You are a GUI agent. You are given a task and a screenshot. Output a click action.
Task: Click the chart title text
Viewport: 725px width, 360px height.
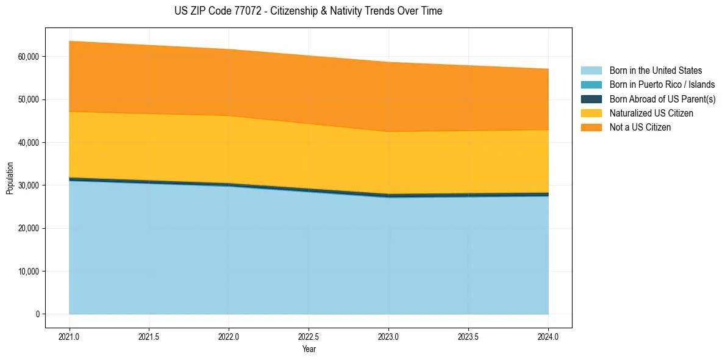point(308,11)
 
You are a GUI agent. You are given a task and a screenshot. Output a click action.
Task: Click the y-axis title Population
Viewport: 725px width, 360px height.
point(10,178)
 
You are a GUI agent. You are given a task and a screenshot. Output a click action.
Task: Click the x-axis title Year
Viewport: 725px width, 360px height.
point(309,350)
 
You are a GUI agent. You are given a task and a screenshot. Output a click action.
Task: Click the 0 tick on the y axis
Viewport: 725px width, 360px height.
point(38,314)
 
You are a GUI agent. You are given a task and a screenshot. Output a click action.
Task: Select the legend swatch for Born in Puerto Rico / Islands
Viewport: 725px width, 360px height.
point(591,85)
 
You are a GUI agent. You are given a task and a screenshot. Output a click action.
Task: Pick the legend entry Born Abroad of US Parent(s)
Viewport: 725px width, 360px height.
point(662,99)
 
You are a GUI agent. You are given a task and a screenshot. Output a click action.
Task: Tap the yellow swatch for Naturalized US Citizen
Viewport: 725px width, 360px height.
point(591,113)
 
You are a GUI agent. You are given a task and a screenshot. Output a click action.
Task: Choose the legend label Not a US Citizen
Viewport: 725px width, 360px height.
point(640,127)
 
